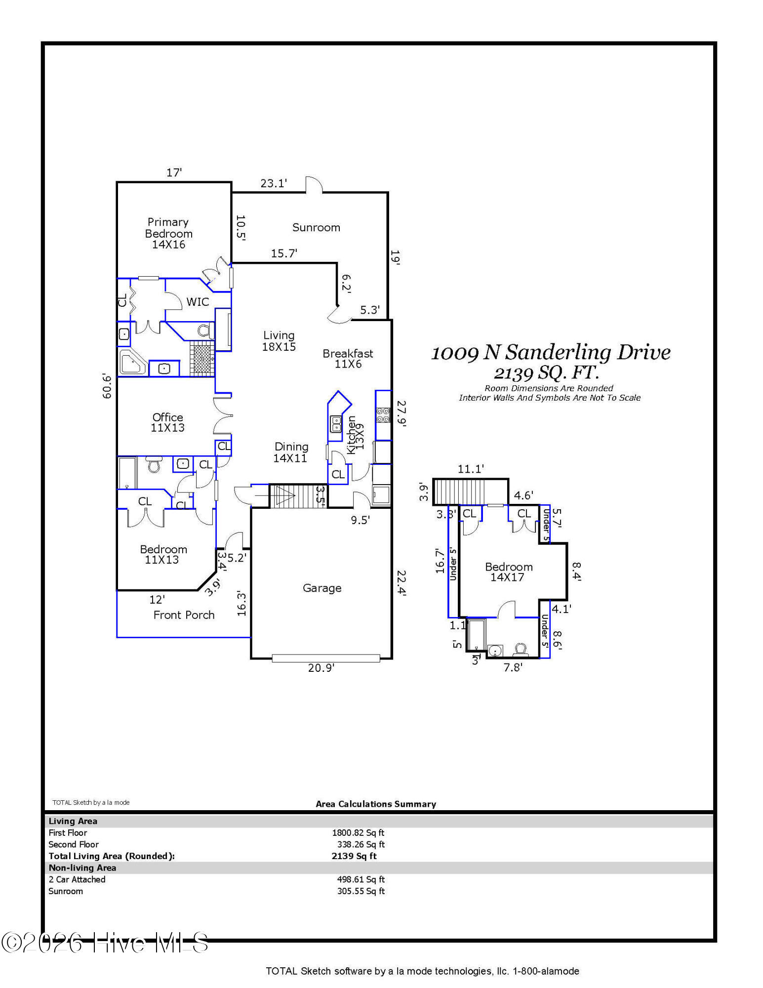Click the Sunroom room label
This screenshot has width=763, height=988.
[316, 228]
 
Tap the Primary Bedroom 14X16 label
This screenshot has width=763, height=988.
[168, 233]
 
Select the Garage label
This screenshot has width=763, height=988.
[322, 588]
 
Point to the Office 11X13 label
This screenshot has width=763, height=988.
[167, 422]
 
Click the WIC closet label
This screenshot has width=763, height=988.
[198, 302]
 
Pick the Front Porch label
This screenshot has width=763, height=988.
[184, 615]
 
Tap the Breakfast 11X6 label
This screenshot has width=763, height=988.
[348, 359]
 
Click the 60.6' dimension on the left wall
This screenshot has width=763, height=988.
[107, 386]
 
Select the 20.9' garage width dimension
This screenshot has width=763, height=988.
[321, 668]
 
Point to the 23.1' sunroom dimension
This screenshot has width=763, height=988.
[274, 183]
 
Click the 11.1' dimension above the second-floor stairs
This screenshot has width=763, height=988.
[471, 469]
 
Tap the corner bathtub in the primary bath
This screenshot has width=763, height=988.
[132, 362]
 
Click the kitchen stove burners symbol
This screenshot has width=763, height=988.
[383, 415]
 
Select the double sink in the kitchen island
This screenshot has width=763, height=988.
[336, 424]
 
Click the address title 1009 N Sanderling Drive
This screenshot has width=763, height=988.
[551, 353]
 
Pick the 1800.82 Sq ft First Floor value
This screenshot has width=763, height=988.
[358, 833]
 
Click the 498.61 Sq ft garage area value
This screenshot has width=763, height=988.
[361, 879]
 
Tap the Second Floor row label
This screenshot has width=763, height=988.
[74, 845]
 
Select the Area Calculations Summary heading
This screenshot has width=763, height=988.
[376, 804]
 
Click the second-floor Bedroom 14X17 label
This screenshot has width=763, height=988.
[508, 572]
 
